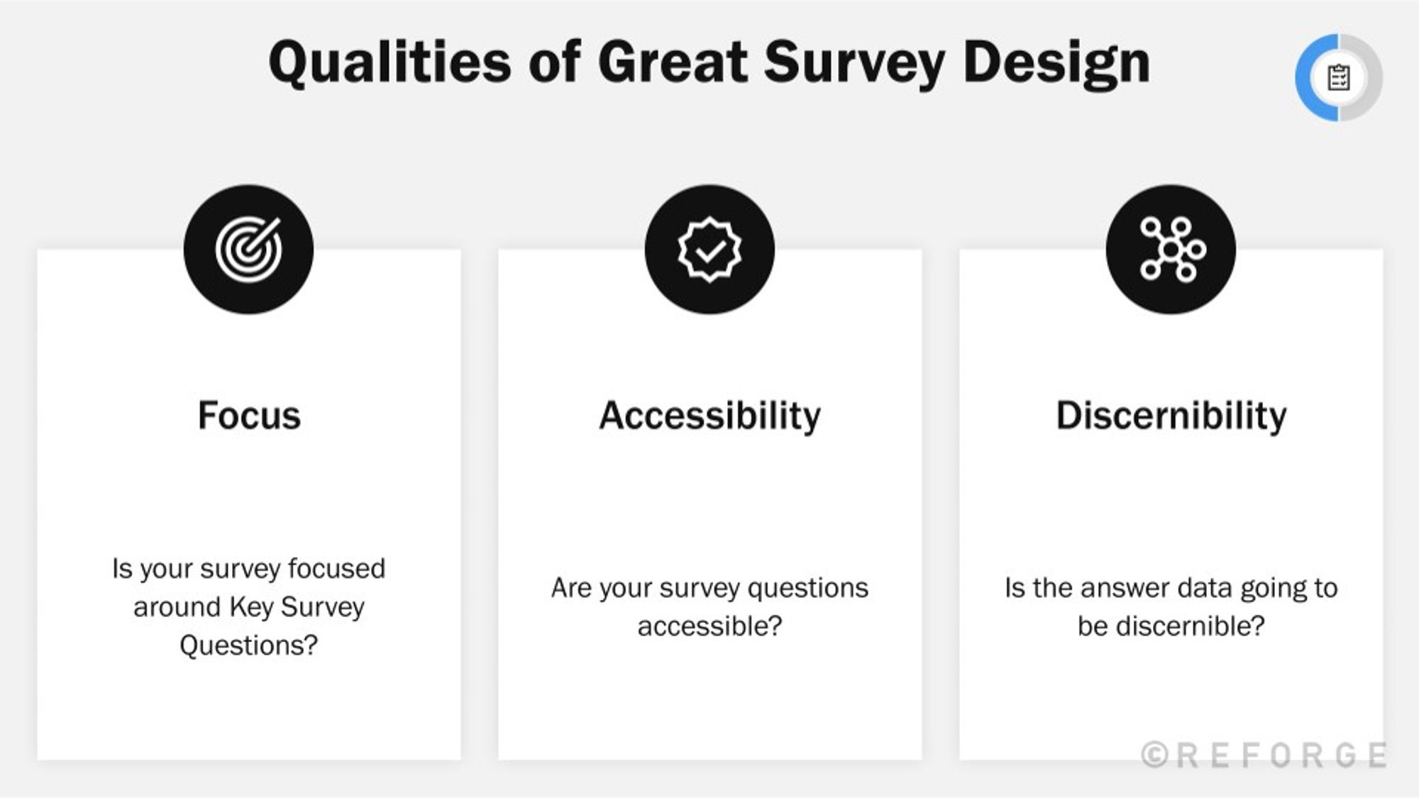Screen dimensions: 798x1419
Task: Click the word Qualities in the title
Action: point(389,62)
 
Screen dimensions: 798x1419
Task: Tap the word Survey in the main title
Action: point(854,62)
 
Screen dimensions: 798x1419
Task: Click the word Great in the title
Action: point(673,62)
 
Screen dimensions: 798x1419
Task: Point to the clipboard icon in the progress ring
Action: point(1338,77)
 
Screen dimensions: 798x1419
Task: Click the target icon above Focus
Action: point(248,250)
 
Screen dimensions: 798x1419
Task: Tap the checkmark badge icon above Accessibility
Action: point(709,250)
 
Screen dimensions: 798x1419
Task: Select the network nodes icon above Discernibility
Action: point(1171,250)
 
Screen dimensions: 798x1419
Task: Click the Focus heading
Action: point(248,416)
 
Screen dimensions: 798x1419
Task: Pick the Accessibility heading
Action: point(709,416)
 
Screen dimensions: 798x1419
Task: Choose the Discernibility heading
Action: point(1171,416)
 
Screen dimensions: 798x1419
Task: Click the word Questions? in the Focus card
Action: point(248,645)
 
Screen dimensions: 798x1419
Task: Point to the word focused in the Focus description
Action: point(336,569)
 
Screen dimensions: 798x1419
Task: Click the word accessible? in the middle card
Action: point(709,626)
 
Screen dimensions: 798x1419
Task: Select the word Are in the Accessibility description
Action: point(570,588)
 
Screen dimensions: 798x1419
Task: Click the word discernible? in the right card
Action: point(1171,626)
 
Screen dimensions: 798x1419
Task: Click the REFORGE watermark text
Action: point(1280,755)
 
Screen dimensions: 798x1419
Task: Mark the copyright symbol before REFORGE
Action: point(1154,755)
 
